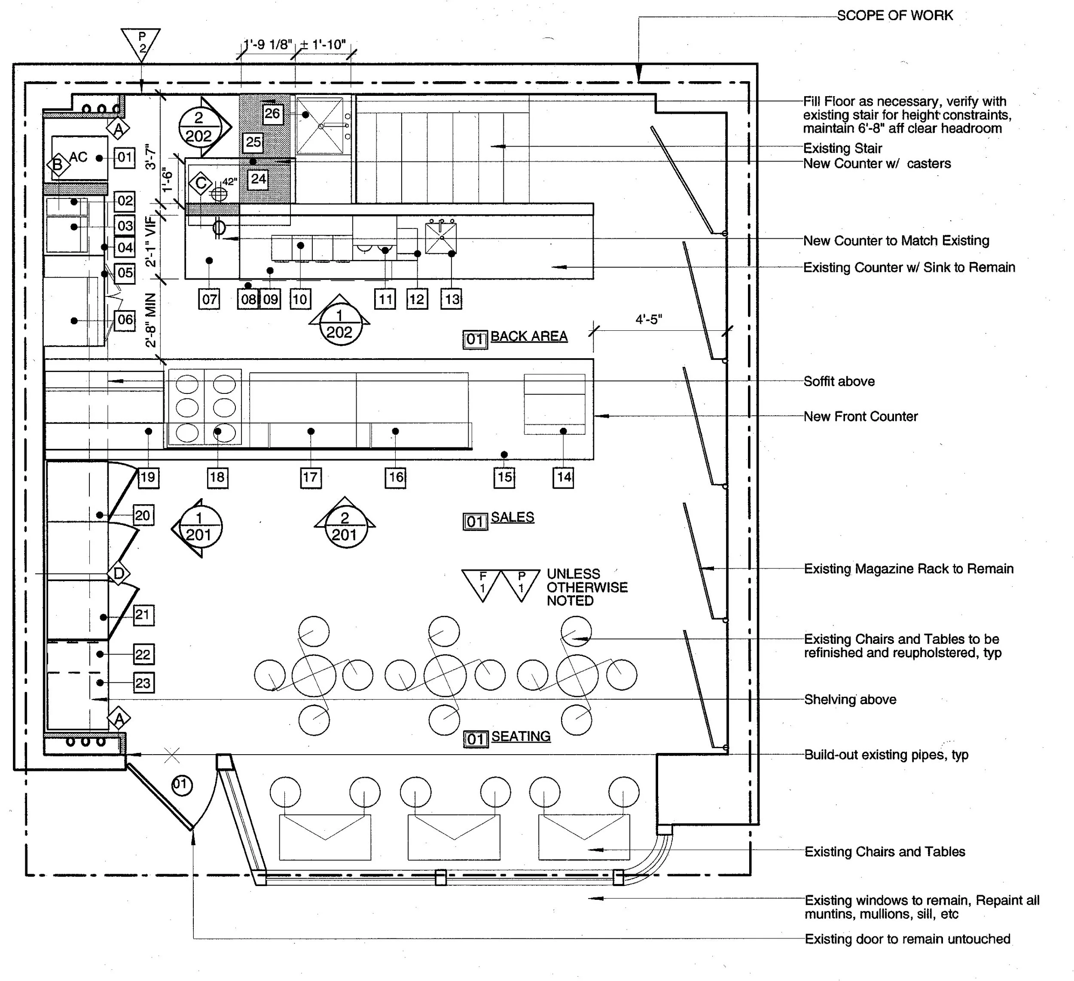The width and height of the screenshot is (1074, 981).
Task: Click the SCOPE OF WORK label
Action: coord(894,15)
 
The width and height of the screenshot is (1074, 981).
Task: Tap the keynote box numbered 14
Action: coord(564,477)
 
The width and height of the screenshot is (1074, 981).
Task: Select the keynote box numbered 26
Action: coord(272,113)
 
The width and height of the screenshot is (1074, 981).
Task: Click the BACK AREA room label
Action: coord(528,337)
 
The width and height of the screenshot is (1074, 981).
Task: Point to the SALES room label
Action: coord(512,517)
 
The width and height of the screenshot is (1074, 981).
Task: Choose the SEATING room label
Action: coord(521,737)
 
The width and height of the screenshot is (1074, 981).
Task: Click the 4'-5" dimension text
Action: coord(648,320)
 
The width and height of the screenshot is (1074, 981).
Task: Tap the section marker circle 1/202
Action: coord(340,324)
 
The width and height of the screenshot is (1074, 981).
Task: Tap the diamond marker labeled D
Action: coord(118,573)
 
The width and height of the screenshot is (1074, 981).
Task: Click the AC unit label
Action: coord(78,157)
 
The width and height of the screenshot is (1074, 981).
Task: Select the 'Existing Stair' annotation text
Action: coord(842,149)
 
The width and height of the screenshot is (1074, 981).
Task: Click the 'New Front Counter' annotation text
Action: coord(860,417)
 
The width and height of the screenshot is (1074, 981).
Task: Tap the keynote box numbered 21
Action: coord(143,615)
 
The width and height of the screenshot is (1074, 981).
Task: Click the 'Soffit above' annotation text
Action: coord(839,381)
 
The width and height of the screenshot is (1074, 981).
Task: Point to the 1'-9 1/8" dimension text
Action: coord(268,45)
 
